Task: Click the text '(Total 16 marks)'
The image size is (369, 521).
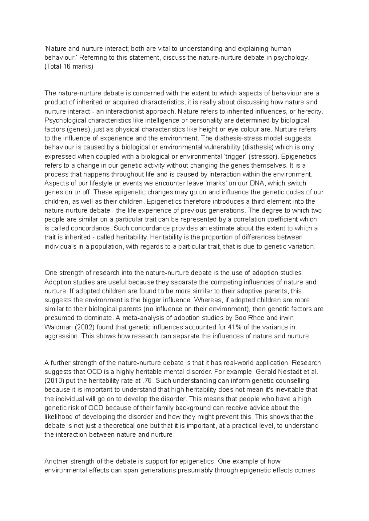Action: point(69,66)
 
